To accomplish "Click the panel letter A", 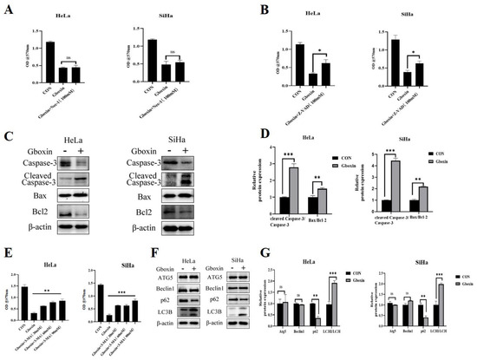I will click(x=8, y=8).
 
